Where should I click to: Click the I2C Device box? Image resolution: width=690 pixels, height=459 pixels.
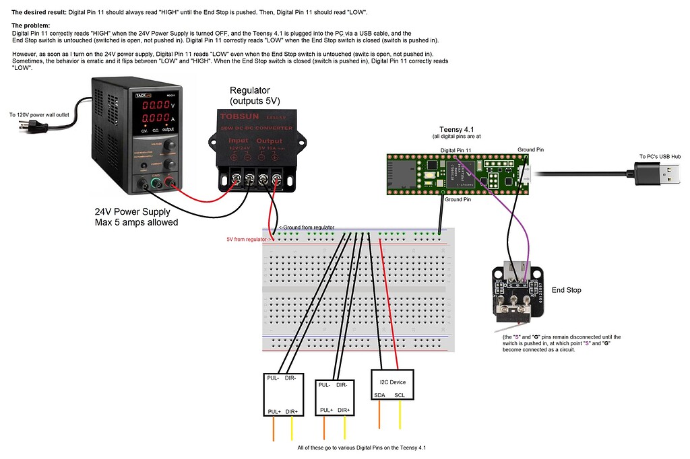tap(391, 386)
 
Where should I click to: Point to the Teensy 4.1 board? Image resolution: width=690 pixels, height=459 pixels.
tap(458, 174)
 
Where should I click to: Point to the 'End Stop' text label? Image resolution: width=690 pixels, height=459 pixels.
tap(567, 290)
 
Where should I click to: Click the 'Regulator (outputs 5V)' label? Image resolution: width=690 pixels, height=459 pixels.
tap(254, 96)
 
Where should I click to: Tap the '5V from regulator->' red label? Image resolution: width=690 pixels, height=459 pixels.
tap(249, 239)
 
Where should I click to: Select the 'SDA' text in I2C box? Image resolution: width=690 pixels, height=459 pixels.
tap(379, 395)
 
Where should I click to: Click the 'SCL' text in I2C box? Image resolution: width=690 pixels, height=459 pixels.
tap(400, 395)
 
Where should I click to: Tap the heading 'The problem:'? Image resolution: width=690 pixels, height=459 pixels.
tap(35, 26)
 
